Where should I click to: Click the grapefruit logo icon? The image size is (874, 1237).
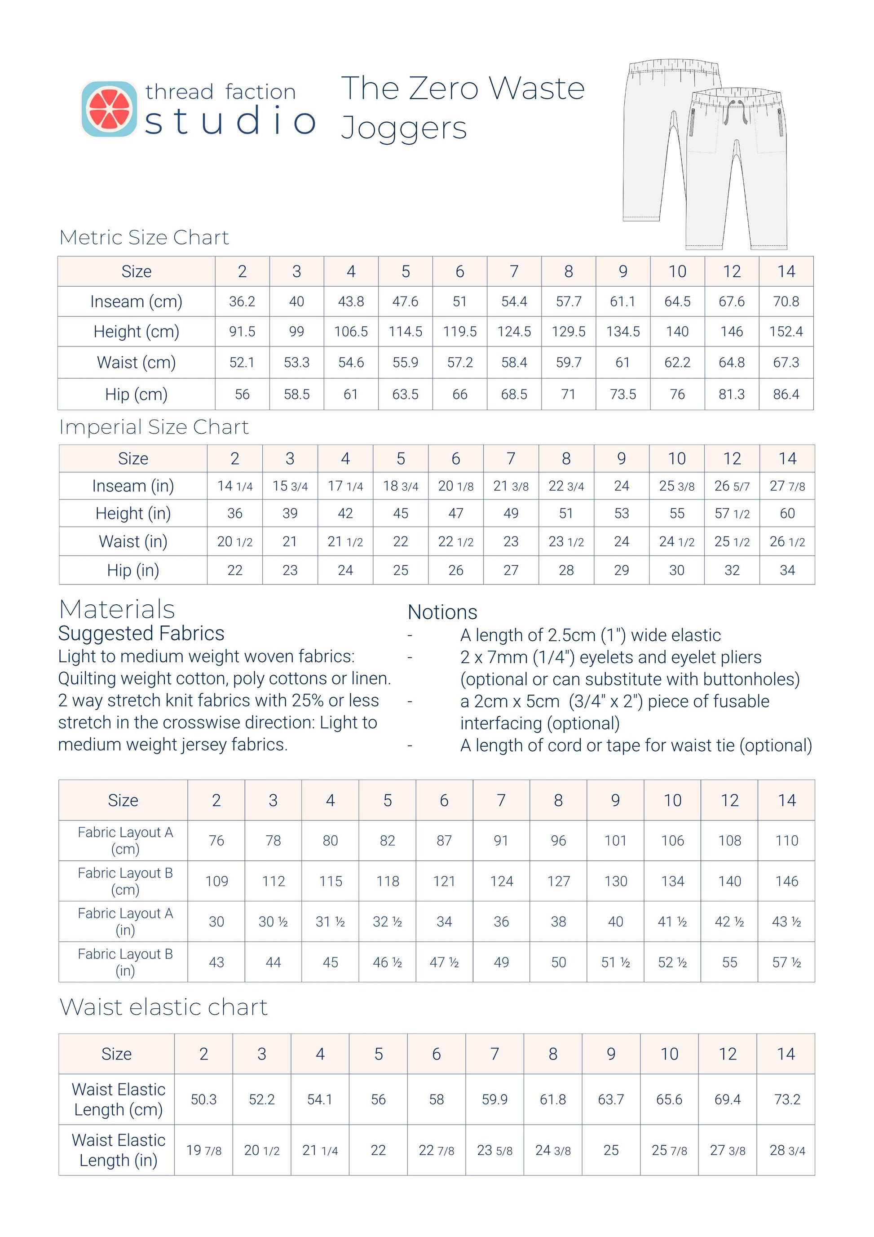pyautogui.click(x=109, y=109)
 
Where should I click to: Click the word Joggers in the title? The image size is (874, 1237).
pyautogui.click(x=404, y=128)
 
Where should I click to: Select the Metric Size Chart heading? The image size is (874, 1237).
pyautogui.click(x=144, y=237)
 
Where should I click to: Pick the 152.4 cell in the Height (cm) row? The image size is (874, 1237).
pyautogui.click(x=786, y=331)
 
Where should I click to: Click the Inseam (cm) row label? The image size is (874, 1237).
pyautogui.click(x=136, y=301)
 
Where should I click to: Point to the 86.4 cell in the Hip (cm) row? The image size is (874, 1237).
pyautogui.click(x=786, y=395)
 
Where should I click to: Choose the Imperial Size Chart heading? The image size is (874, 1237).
pyautogui.click(x=154, y=427)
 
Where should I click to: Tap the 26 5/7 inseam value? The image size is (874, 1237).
pyautogui.click(x=731, y=486)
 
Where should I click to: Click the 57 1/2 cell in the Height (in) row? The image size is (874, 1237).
pyautogui.click(x=731, y=514)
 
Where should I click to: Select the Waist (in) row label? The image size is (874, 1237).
pyautogui.click(x=133, y=541)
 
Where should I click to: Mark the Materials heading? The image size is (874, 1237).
pyautogui.click(x=117, y=609)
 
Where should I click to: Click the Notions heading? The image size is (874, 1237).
pyautogui.click(x=442, y=612)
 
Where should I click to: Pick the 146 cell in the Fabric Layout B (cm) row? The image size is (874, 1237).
pyautogui.click(x=786, y=881)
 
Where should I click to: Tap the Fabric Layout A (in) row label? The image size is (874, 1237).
pyautogui.click(x=125, y=921)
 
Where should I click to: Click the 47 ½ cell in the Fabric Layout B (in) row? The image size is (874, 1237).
pyautogui.click(x=444, y=962)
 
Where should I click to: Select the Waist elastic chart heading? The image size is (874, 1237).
pyautogui.click(x=163, y=1007)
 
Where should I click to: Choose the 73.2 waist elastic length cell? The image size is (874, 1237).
pyautogui.click(x=786, y=1099)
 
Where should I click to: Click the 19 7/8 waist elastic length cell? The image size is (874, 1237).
pyautogui.click(x=203, y=1150)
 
